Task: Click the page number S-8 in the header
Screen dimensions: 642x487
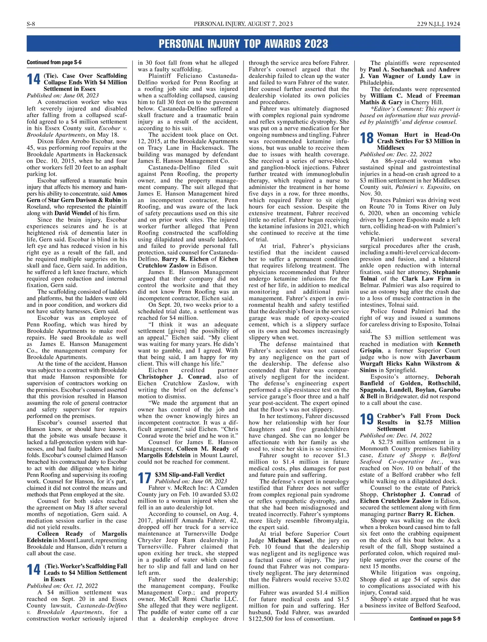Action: [31, 24]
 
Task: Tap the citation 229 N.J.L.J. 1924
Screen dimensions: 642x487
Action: [438, 24]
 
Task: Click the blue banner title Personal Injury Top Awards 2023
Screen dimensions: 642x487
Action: [243, 43]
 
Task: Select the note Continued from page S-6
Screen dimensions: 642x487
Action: [54, 62]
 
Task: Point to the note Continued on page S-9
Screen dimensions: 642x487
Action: [435, 618]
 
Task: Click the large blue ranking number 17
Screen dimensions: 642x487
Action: [144, 478]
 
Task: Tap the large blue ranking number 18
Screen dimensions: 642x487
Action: [367, 138]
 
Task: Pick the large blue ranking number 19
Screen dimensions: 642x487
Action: [367, 419]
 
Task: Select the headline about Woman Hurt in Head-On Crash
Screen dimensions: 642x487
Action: [418, 141]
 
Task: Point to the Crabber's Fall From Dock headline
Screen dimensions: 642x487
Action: [418, 422]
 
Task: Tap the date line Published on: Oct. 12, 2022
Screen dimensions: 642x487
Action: [62, 586]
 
